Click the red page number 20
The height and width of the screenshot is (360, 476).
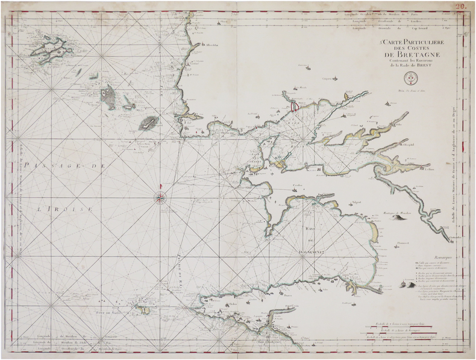coord(460,6)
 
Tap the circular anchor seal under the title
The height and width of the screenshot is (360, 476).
coord(409,77)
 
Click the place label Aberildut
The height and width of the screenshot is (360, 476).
coord(211,45)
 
